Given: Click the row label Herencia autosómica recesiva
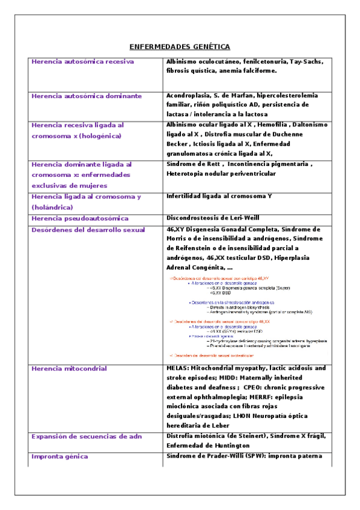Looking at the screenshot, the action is (x=82, y=62).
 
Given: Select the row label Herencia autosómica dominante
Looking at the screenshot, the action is (x=86, y=96).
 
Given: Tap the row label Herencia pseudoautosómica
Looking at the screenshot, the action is (x=80, y=218).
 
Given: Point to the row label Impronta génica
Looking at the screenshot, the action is (x=59, y=456).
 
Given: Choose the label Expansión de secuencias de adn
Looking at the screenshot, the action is (x=87, y=436).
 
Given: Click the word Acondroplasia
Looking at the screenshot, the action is (x=186, y=96).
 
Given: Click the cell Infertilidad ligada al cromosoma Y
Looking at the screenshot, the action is (x=219, y=196).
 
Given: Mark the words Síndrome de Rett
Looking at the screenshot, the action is (x=188, y=164).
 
